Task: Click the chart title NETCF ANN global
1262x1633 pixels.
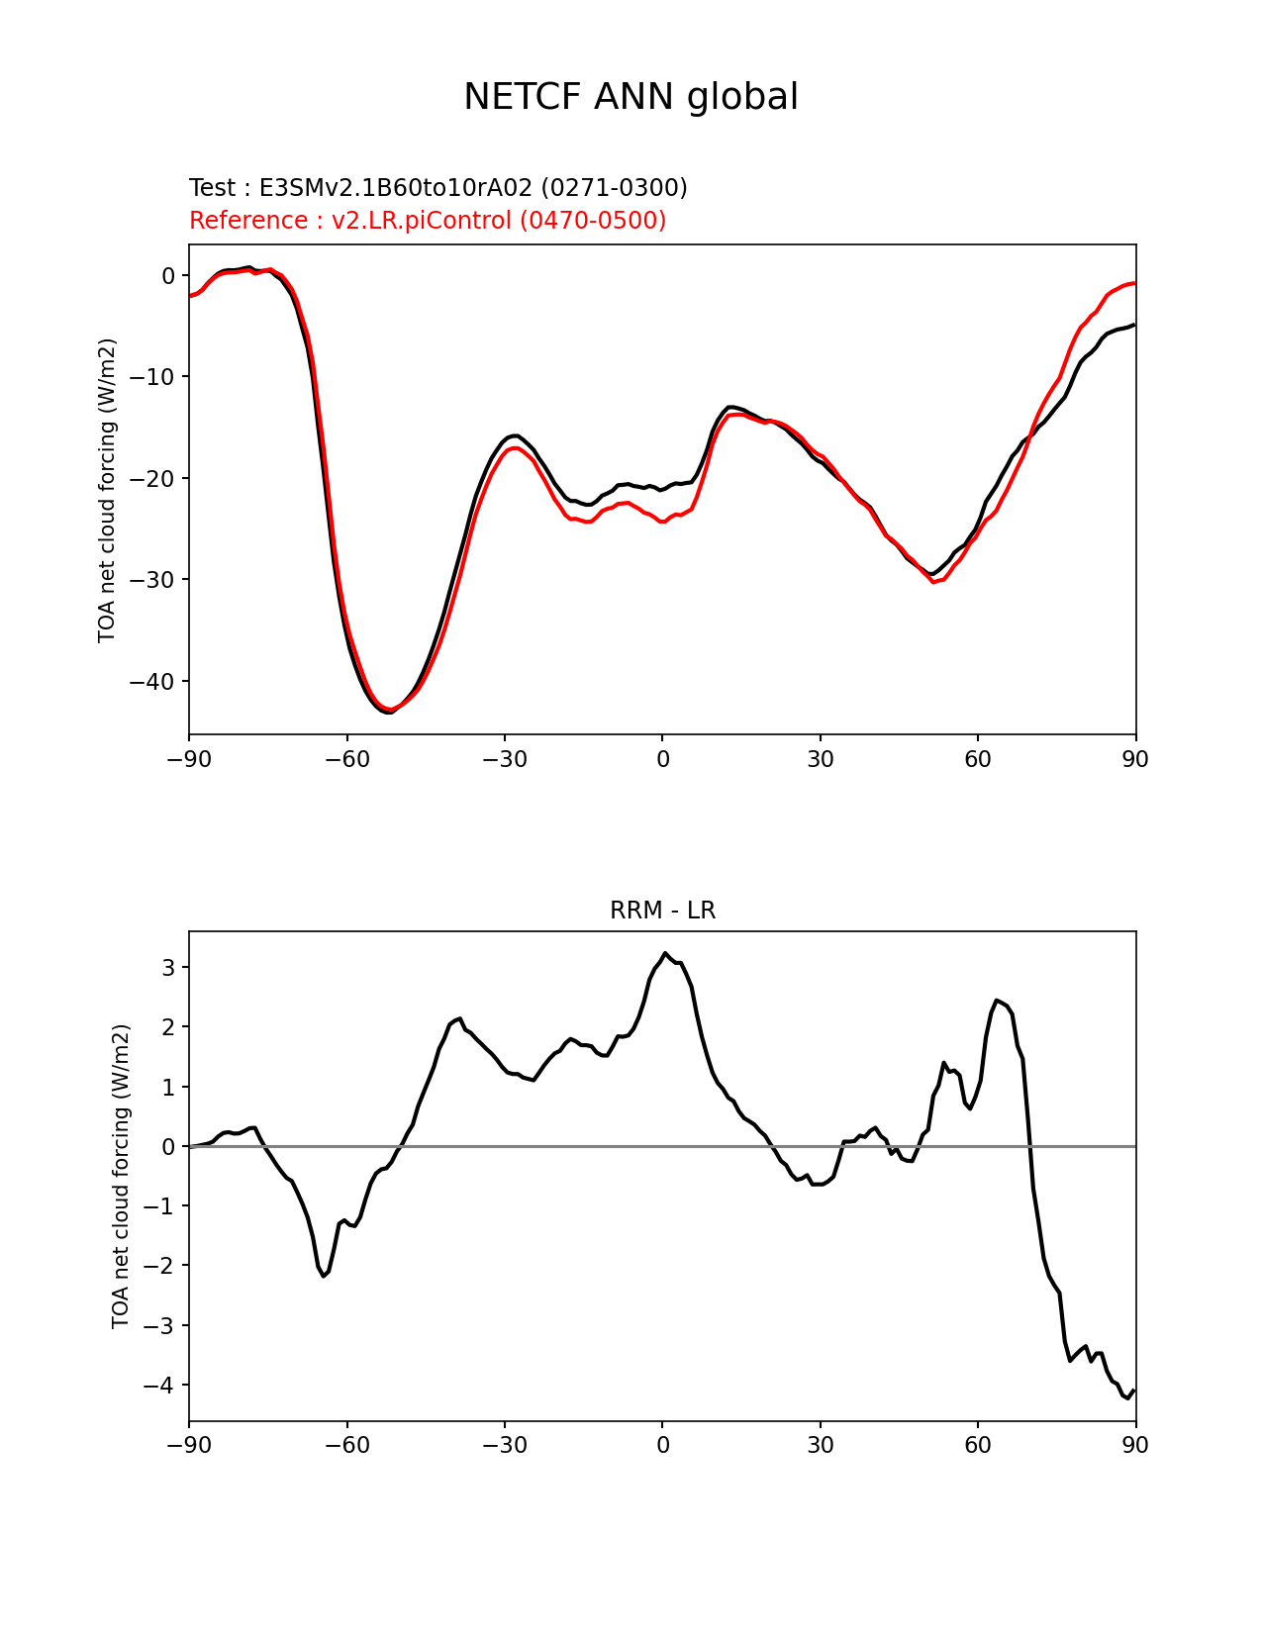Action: tap(631, 97)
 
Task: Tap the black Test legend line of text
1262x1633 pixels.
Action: tap(438, 187)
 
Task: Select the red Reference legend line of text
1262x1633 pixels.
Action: tap(428, 220)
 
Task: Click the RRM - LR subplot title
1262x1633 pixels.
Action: tap(662, 911)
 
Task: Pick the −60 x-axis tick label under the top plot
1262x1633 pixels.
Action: tap(347, 760)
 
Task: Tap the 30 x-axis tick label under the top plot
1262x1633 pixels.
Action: tap(820, 760)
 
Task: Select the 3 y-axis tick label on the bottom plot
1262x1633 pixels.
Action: tap(168, 967)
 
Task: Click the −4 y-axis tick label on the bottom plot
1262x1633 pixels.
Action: tap(160, 1385)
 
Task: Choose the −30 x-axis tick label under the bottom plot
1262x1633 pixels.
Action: tap(505, 1445)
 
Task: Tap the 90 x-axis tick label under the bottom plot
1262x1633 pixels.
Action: tap(1135, 1445)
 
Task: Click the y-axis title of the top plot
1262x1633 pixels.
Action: tap(107, 490)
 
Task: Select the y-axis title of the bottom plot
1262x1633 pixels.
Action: tap(121, 1176)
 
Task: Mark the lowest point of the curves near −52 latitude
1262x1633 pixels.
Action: tap(388, 712)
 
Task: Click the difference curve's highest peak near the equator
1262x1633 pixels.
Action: tap(665, 953)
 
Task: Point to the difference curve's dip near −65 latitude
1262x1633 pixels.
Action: tap(324, 1277)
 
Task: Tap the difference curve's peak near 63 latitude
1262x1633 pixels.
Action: tap(996, 1001)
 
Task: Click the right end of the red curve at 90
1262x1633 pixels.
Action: tap(1134, 283)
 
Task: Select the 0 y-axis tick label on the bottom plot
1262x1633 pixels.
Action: tap(168, 1147)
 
